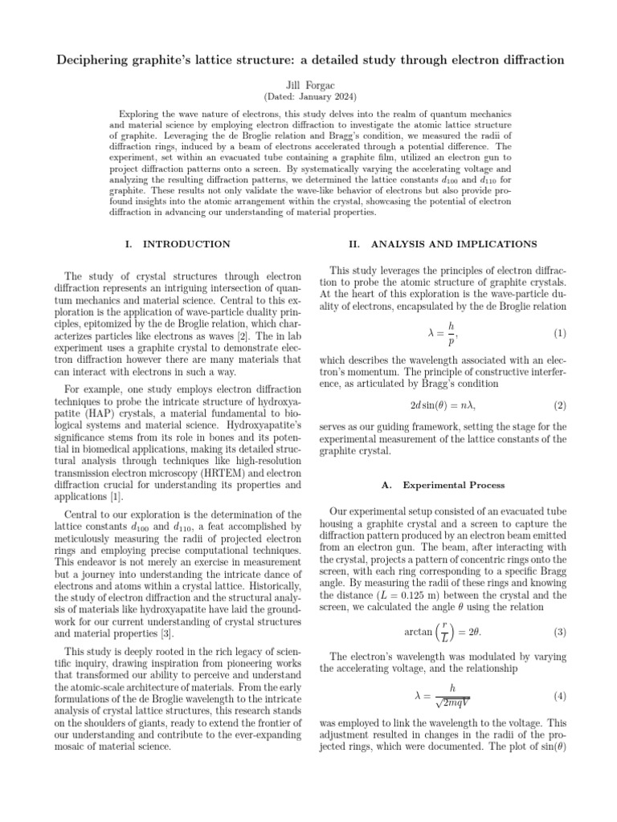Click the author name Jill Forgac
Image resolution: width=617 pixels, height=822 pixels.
pos(308,83)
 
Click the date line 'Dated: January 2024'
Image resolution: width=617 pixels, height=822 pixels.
pos(308,96)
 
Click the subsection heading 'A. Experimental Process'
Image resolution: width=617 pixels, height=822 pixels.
pos(443,485)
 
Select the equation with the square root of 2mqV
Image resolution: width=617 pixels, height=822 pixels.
pos(447,695)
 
